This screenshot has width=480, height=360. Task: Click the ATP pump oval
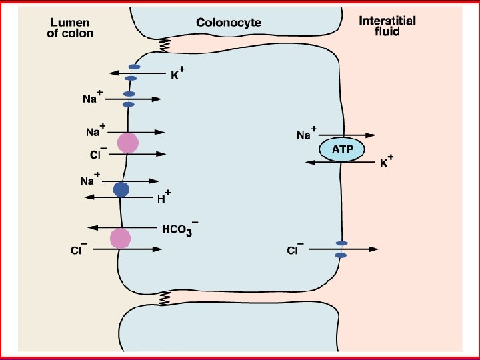(342, 148)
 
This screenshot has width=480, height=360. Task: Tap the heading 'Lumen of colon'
(70, 27)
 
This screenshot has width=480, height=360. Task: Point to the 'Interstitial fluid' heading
(387, 25)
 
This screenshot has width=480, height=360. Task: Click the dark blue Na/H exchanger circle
(121, 189)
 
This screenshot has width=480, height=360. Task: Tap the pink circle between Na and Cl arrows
(127, 143)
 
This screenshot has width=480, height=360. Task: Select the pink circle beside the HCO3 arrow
(120, 238)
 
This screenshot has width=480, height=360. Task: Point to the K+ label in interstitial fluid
(386, 162)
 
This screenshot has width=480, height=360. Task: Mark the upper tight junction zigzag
(163, 45)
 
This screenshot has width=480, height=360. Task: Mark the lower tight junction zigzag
(163, 297)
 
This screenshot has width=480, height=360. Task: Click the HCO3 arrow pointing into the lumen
(123, 228)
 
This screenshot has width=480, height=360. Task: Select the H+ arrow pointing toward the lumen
(120, 197)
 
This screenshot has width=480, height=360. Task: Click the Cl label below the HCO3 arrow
(79, 250)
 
